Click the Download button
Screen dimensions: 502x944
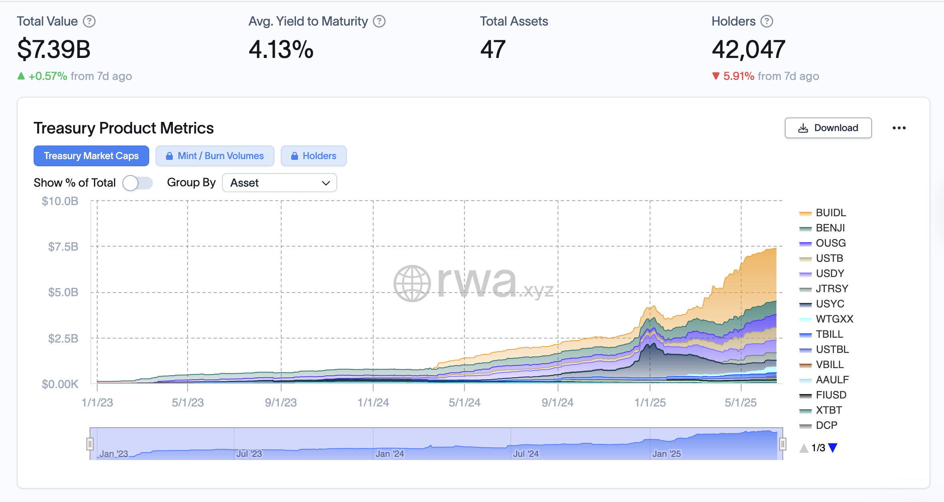coord(828,128)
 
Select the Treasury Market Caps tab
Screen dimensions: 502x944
coord(91,156)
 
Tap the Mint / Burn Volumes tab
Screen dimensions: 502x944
coord(215,156)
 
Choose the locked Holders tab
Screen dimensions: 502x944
coord(314,156)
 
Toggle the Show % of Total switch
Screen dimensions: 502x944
coord(137,183)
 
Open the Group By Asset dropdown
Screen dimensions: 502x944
coord(279,183)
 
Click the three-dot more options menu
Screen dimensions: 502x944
coord(899,128)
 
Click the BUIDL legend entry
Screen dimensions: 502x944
coord(830,213)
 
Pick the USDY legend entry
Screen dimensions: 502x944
coord(830,273)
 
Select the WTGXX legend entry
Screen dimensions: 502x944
coord(834,319)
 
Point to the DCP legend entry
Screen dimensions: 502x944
coord(826,425)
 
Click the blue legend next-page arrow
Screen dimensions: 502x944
coord(833,448)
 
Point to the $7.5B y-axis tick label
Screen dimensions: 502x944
coord(63,247)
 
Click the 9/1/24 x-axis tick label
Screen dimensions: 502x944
coord(558,402)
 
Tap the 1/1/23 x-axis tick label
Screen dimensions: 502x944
coord(97,402)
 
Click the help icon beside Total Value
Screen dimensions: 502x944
coord(89,21)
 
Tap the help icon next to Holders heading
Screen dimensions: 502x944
coord(767,21)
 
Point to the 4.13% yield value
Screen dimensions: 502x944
coord(281,50)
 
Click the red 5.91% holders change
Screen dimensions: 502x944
coord(738,76)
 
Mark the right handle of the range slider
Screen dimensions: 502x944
coord(783,444)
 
